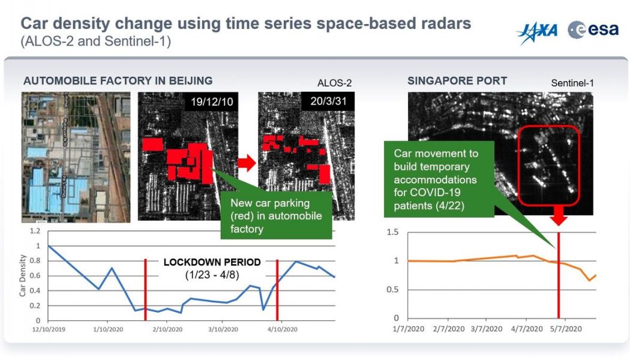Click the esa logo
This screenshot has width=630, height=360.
[x=593, y=29]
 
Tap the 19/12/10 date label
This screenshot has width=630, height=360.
[x=212, y=103]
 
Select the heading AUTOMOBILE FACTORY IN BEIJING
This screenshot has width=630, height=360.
[x=118, y=81]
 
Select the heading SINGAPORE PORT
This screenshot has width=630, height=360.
[x=457, y=81]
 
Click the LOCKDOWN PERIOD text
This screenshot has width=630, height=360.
[x=212, y=262]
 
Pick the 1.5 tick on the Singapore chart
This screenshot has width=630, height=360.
[x=392, y=232]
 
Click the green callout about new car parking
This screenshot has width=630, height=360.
[x=276, y=215]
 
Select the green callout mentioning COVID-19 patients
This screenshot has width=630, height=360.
[x=439, y=179]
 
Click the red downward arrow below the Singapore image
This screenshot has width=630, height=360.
[x=559, y=217]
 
